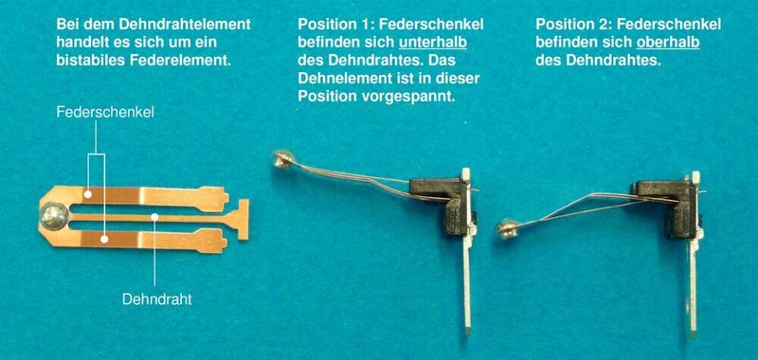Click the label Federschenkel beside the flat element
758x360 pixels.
pos(105,112)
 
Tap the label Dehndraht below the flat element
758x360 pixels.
pos(156,299)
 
